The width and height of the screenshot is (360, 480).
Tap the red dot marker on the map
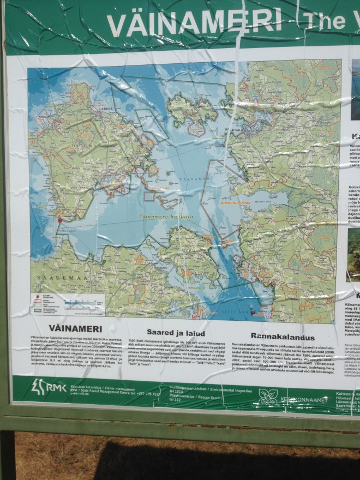pos(59,220)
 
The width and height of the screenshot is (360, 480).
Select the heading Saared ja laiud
pos(169,331)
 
